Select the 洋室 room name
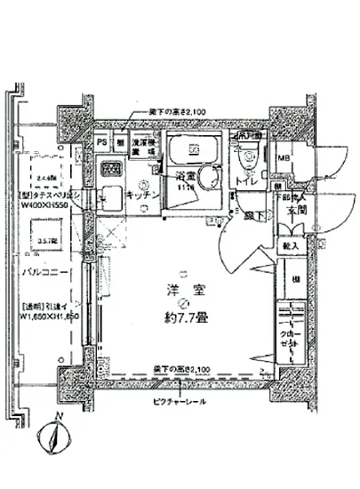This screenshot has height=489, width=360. click(182, 287)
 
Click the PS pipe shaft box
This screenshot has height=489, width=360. click(102, 141)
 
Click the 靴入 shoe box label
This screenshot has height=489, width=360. click(290, 244)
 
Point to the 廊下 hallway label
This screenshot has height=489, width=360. click(253, 214)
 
